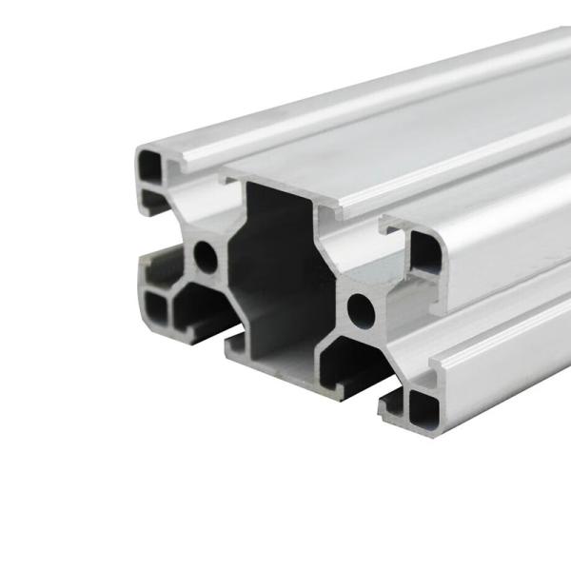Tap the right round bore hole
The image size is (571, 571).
pyautogui.click(x=361, y=306)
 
